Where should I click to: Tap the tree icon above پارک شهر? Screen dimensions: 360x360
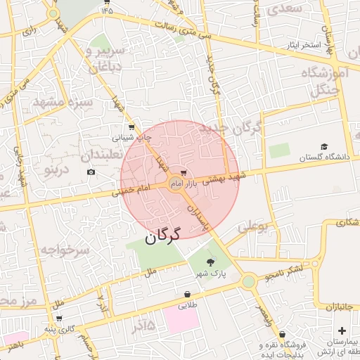[x=211, y=262]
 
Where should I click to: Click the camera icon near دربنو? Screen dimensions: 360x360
[x=91, y=172]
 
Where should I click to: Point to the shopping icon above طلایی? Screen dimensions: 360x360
[x=187, y=295]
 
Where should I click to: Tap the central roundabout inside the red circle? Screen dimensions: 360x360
[x=176, y=184]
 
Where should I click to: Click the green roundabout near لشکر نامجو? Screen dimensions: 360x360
[x=247, y=282]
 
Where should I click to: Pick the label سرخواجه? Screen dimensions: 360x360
[x=63, y=250]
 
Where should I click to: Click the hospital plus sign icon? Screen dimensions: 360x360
[x=342, y=330]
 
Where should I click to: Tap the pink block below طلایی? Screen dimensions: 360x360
[x=182, y=320]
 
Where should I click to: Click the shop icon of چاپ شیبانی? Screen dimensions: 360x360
[x=131, y=127]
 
